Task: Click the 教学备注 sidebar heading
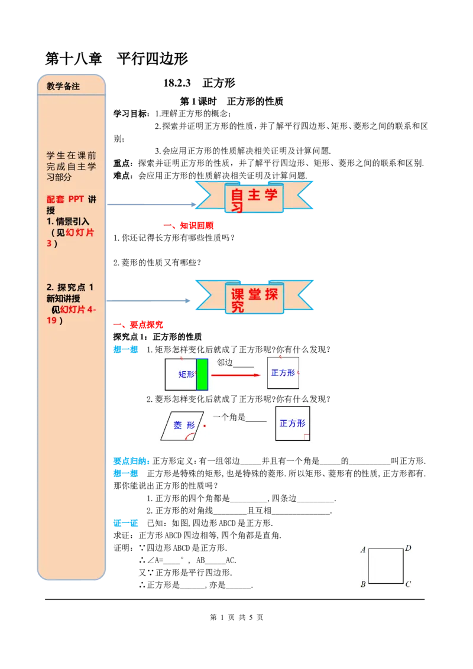(x=63, y=86)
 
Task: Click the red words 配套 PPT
(x=65, y=199)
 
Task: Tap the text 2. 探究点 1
(x=70, y=287)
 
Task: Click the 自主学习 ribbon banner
(x=254, y=197)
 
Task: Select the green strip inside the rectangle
(x=202, y=374)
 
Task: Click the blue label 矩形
(x=187, y=374)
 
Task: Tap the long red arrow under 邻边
(x=235, y=375)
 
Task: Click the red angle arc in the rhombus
(x=190, y=437)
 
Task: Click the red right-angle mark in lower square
(x=306, y=437)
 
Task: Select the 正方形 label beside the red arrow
(x=283, y=373)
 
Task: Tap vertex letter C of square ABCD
(x=408, y=584)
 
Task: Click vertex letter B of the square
(x=362, y=585)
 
